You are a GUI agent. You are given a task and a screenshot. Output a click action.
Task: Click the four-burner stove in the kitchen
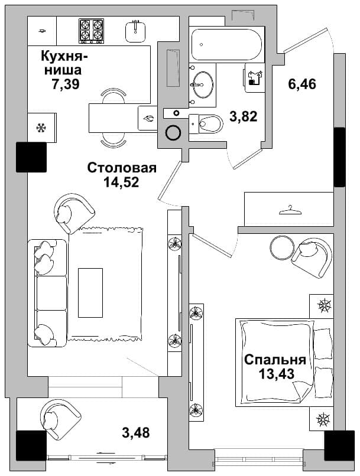[91, 31]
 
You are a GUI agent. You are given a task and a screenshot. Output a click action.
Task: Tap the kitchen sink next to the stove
[135, 31]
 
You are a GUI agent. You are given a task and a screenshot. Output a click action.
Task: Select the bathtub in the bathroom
[226, 45]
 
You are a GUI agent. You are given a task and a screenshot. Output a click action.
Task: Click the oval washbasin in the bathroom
[202, 84]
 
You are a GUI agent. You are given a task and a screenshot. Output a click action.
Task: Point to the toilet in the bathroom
[206, 123]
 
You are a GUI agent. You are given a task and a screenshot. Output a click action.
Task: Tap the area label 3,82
[244, 116]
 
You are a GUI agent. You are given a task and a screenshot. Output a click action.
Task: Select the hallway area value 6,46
[302, 84]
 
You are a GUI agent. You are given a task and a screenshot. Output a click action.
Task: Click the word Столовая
[122, 168]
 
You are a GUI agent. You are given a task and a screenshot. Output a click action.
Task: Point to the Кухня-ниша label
[64, 63]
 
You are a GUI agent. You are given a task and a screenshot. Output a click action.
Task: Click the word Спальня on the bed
[275, 360]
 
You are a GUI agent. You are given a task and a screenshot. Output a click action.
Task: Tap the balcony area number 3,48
[136, 432]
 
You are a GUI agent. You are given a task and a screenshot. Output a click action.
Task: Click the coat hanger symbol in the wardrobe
[290, 210]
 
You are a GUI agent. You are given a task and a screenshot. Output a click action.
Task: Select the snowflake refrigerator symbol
[40, 128]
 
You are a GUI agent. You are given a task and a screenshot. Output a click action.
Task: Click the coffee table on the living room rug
[90, 293]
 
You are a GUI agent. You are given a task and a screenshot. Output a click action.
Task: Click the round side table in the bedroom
[282, 247]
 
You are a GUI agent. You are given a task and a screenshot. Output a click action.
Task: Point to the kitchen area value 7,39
[66, 83]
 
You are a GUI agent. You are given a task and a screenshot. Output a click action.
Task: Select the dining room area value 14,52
[121, 182]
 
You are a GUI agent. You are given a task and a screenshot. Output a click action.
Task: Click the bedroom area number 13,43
[277, 374]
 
